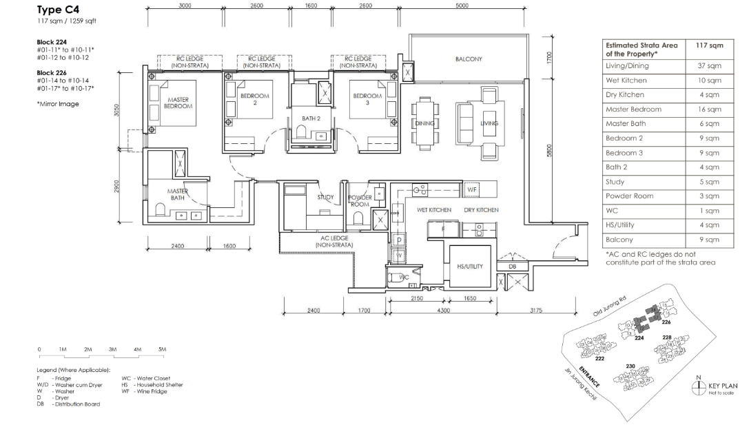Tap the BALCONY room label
[x=469, y=59]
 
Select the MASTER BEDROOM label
[x=178, y=103]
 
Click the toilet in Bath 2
[x=301, y=131]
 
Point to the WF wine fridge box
[x=472, y=189]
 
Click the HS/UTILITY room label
[x=470, y=267]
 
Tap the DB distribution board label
[x=512, y=267]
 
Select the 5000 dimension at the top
[x=462, y=6]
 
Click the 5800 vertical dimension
[x=549, y=150]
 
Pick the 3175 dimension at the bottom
[x=536, y=311]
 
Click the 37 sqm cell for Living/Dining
[x=709, y=66]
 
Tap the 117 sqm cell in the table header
[x=709, y=45]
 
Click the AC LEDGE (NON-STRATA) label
[x=334, y=241]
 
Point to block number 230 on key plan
[x=630, y=366]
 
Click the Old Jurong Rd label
[x=610, y=306]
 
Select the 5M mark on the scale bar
[x=163, y=349]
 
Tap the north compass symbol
[x=699, y=386]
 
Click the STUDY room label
[x=325, y=197]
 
